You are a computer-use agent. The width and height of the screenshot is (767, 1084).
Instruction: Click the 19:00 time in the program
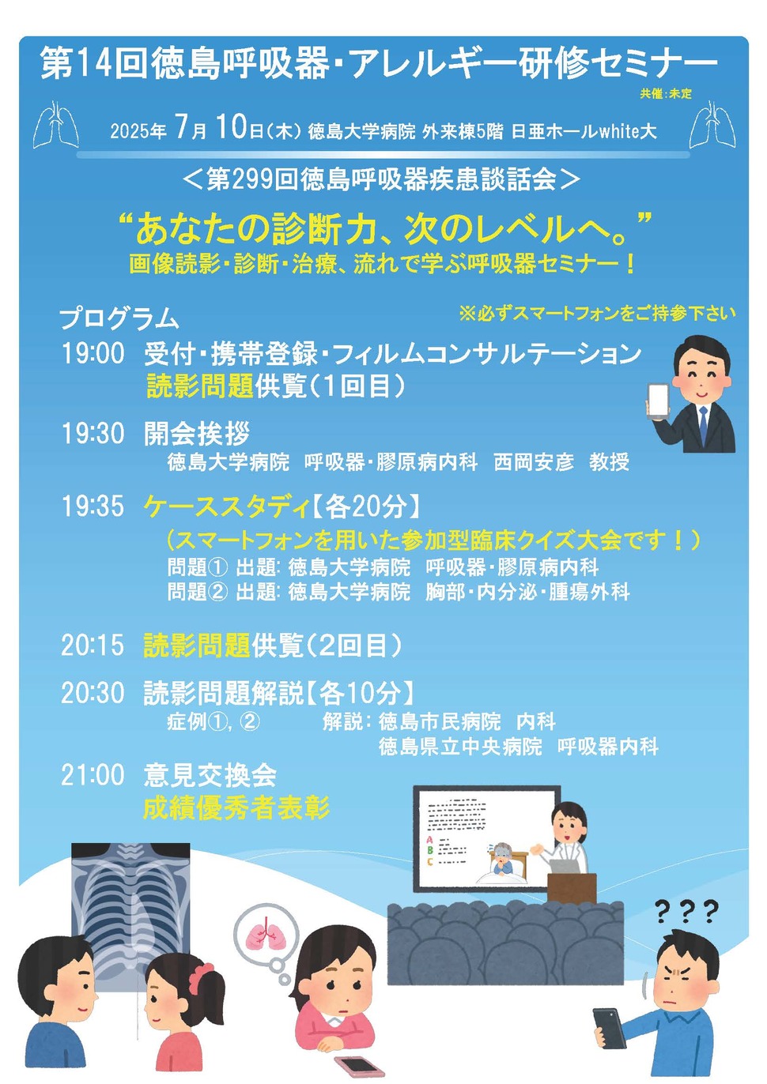tap(93, 353)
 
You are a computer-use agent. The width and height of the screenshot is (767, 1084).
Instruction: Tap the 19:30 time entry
tap(93, 433)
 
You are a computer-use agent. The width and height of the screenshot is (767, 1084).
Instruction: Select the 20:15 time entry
tap(93, 646)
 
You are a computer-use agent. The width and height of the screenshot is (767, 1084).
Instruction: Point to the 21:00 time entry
tap(93, 775)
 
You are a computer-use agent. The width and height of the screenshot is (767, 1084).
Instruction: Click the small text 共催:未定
tap(666, 94)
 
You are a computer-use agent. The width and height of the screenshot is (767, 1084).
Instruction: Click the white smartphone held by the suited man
tap(658, 400)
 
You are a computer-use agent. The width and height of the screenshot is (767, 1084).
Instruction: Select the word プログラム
tap(119, 318)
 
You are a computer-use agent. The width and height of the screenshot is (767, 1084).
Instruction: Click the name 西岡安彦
tap(534, 462)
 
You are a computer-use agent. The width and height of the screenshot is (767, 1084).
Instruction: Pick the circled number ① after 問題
tap(218, 567)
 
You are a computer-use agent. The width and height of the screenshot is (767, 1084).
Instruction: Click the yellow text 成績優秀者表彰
tap(236, 808)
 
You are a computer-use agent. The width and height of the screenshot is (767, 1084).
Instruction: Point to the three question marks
tap(686, 912)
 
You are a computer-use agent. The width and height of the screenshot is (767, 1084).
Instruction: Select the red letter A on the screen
tap(430, 840)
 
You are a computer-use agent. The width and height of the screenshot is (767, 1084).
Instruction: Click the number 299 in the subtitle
tap(253, 179)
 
